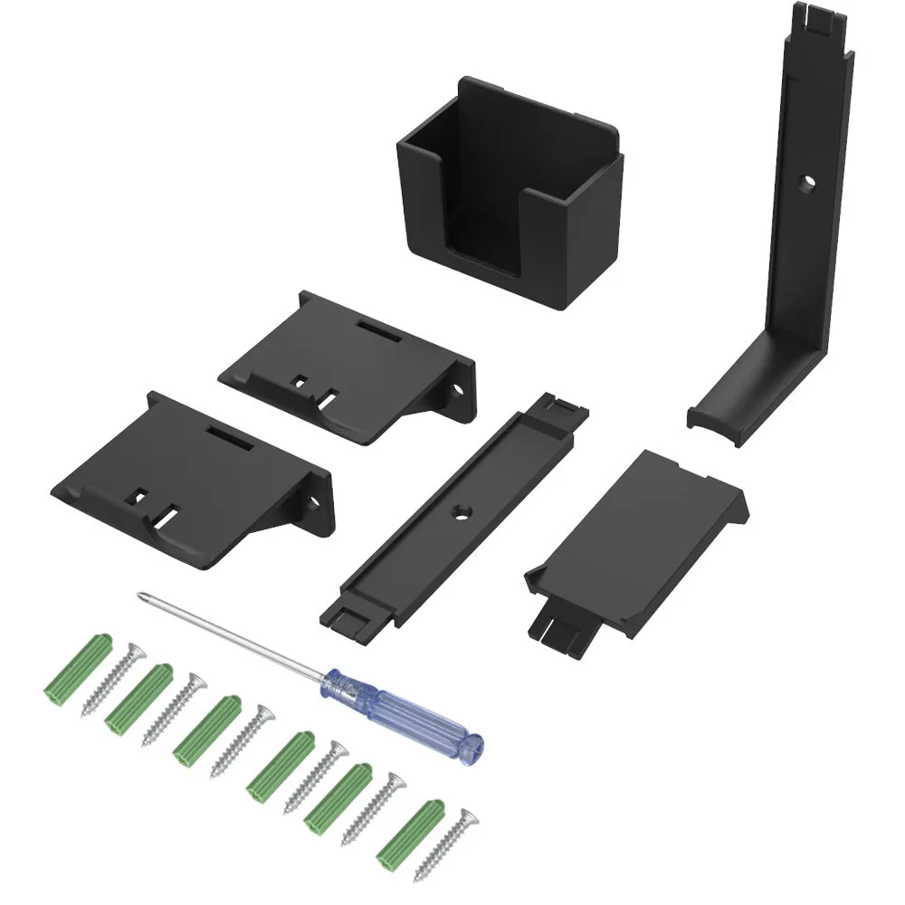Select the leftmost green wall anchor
[76, 668]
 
